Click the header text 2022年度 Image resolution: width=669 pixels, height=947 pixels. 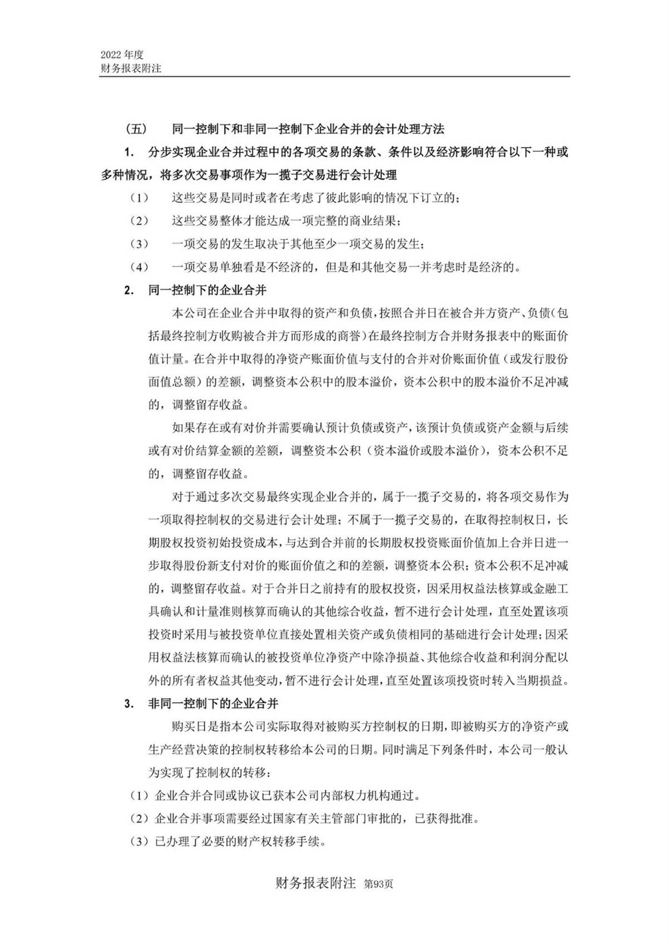tap(122, 55)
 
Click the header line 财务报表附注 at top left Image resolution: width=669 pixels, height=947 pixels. tap(130, 69)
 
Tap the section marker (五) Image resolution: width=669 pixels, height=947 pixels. tap(136, 129)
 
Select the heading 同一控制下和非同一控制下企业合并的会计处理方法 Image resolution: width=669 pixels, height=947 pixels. tap(308, 129)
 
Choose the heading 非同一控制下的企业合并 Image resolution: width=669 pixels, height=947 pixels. tap(213, 703)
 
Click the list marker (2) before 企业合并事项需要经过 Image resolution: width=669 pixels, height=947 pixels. tap(139, 819)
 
